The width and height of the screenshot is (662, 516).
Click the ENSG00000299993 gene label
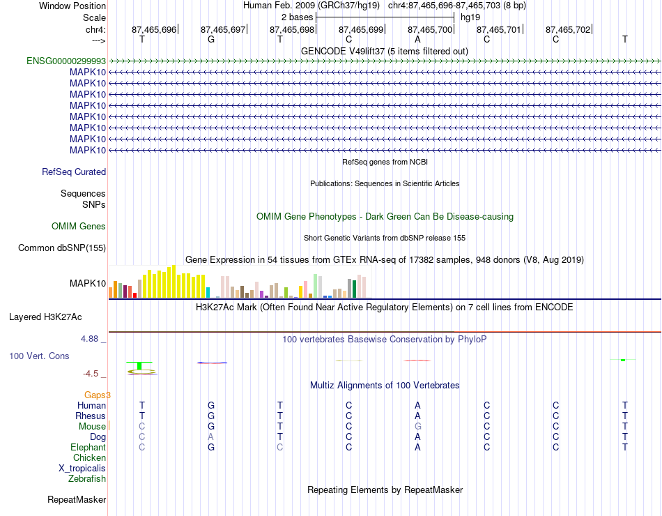(66, 61)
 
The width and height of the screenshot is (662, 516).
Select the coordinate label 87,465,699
(361, 29)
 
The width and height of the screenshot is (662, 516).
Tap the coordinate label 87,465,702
(568, 29)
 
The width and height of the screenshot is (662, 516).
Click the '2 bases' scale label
(298, 17)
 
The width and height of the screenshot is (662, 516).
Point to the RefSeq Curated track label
(74, 172)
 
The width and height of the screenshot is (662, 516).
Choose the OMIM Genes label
(79, 227)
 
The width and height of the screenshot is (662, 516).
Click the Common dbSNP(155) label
(62, 248)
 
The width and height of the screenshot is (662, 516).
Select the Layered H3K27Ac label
(45, 317)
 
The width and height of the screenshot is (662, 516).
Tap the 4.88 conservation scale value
(89, 339)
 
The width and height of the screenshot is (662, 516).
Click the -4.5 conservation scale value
(91, 374)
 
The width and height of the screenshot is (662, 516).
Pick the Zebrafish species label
(87, 479)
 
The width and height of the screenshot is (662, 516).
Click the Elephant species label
(88, 448)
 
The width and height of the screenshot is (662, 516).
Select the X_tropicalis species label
(82, 469)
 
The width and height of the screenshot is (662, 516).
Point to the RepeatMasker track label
(77, 500)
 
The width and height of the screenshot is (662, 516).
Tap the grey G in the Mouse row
(417, 427)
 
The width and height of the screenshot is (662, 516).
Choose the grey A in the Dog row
(210, 437)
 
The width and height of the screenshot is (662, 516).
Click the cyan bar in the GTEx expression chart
(208, 292)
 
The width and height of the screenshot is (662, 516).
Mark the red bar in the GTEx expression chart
(134, 296)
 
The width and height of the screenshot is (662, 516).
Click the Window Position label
(72, 6)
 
